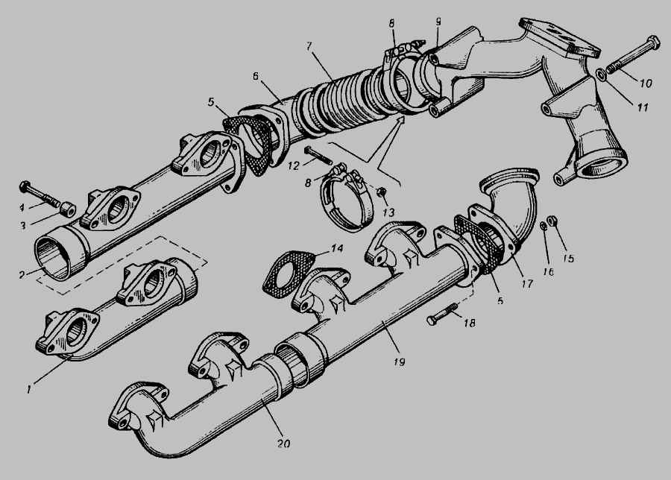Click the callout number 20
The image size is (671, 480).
283,443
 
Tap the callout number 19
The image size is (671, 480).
399,362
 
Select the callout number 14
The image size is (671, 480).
337,248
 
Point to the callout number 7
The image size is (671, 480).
309,46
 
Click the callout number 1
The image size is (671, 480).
28,390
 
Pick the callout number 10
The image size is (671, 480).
646,83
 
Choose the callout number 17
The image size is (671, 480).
527,283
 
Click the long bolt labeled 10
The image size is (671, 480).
632,56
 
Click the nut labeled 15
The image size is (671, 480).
552,221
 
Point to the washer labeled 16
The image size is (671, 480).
543,225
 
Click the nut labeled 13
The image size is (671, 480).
380,192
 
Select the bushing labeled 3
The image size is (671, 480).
67,210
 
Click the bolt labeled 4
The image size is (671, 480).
39,192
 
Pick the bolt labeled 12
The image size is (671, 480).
319,155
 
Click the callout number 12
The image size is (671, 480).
294,165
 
